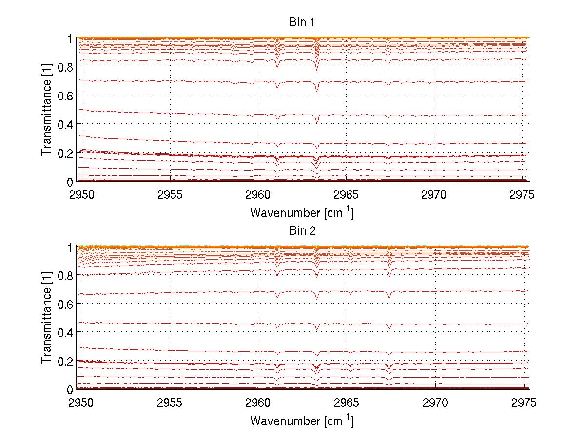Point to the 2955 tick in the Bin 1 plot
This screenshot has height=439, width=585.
(170, 195)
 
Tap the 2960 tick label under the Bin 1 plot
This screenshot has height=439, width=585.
(258, 195)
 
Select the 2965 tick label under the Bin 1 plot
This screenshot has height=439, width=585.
(346, 195)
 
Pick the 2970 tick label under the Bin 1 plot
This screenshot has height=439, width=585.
(434, 195)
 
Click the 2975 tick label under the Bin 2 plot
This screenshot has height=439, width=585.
(523, 403)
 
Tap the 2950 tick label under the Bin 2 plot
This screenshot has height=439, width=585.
(82, 403)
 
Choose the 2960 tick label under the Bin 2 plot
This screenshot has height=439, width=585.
(258, 403)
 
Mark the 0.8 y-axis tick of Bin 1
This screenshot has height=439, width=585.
(66, 66)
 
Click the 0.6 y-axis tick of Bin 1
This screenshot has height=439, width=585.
(66, 95)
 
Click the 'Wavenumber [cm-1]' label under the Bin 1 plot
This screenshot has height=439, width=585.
(301, 212)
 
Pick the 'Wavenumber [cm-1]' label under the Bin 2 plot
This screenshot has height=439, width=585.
(301, 420)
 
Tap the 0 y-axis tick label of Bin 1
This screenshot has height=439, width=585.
(70, 182)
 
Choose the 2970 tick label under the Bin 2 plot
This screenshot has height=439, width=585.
(434, 403)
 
